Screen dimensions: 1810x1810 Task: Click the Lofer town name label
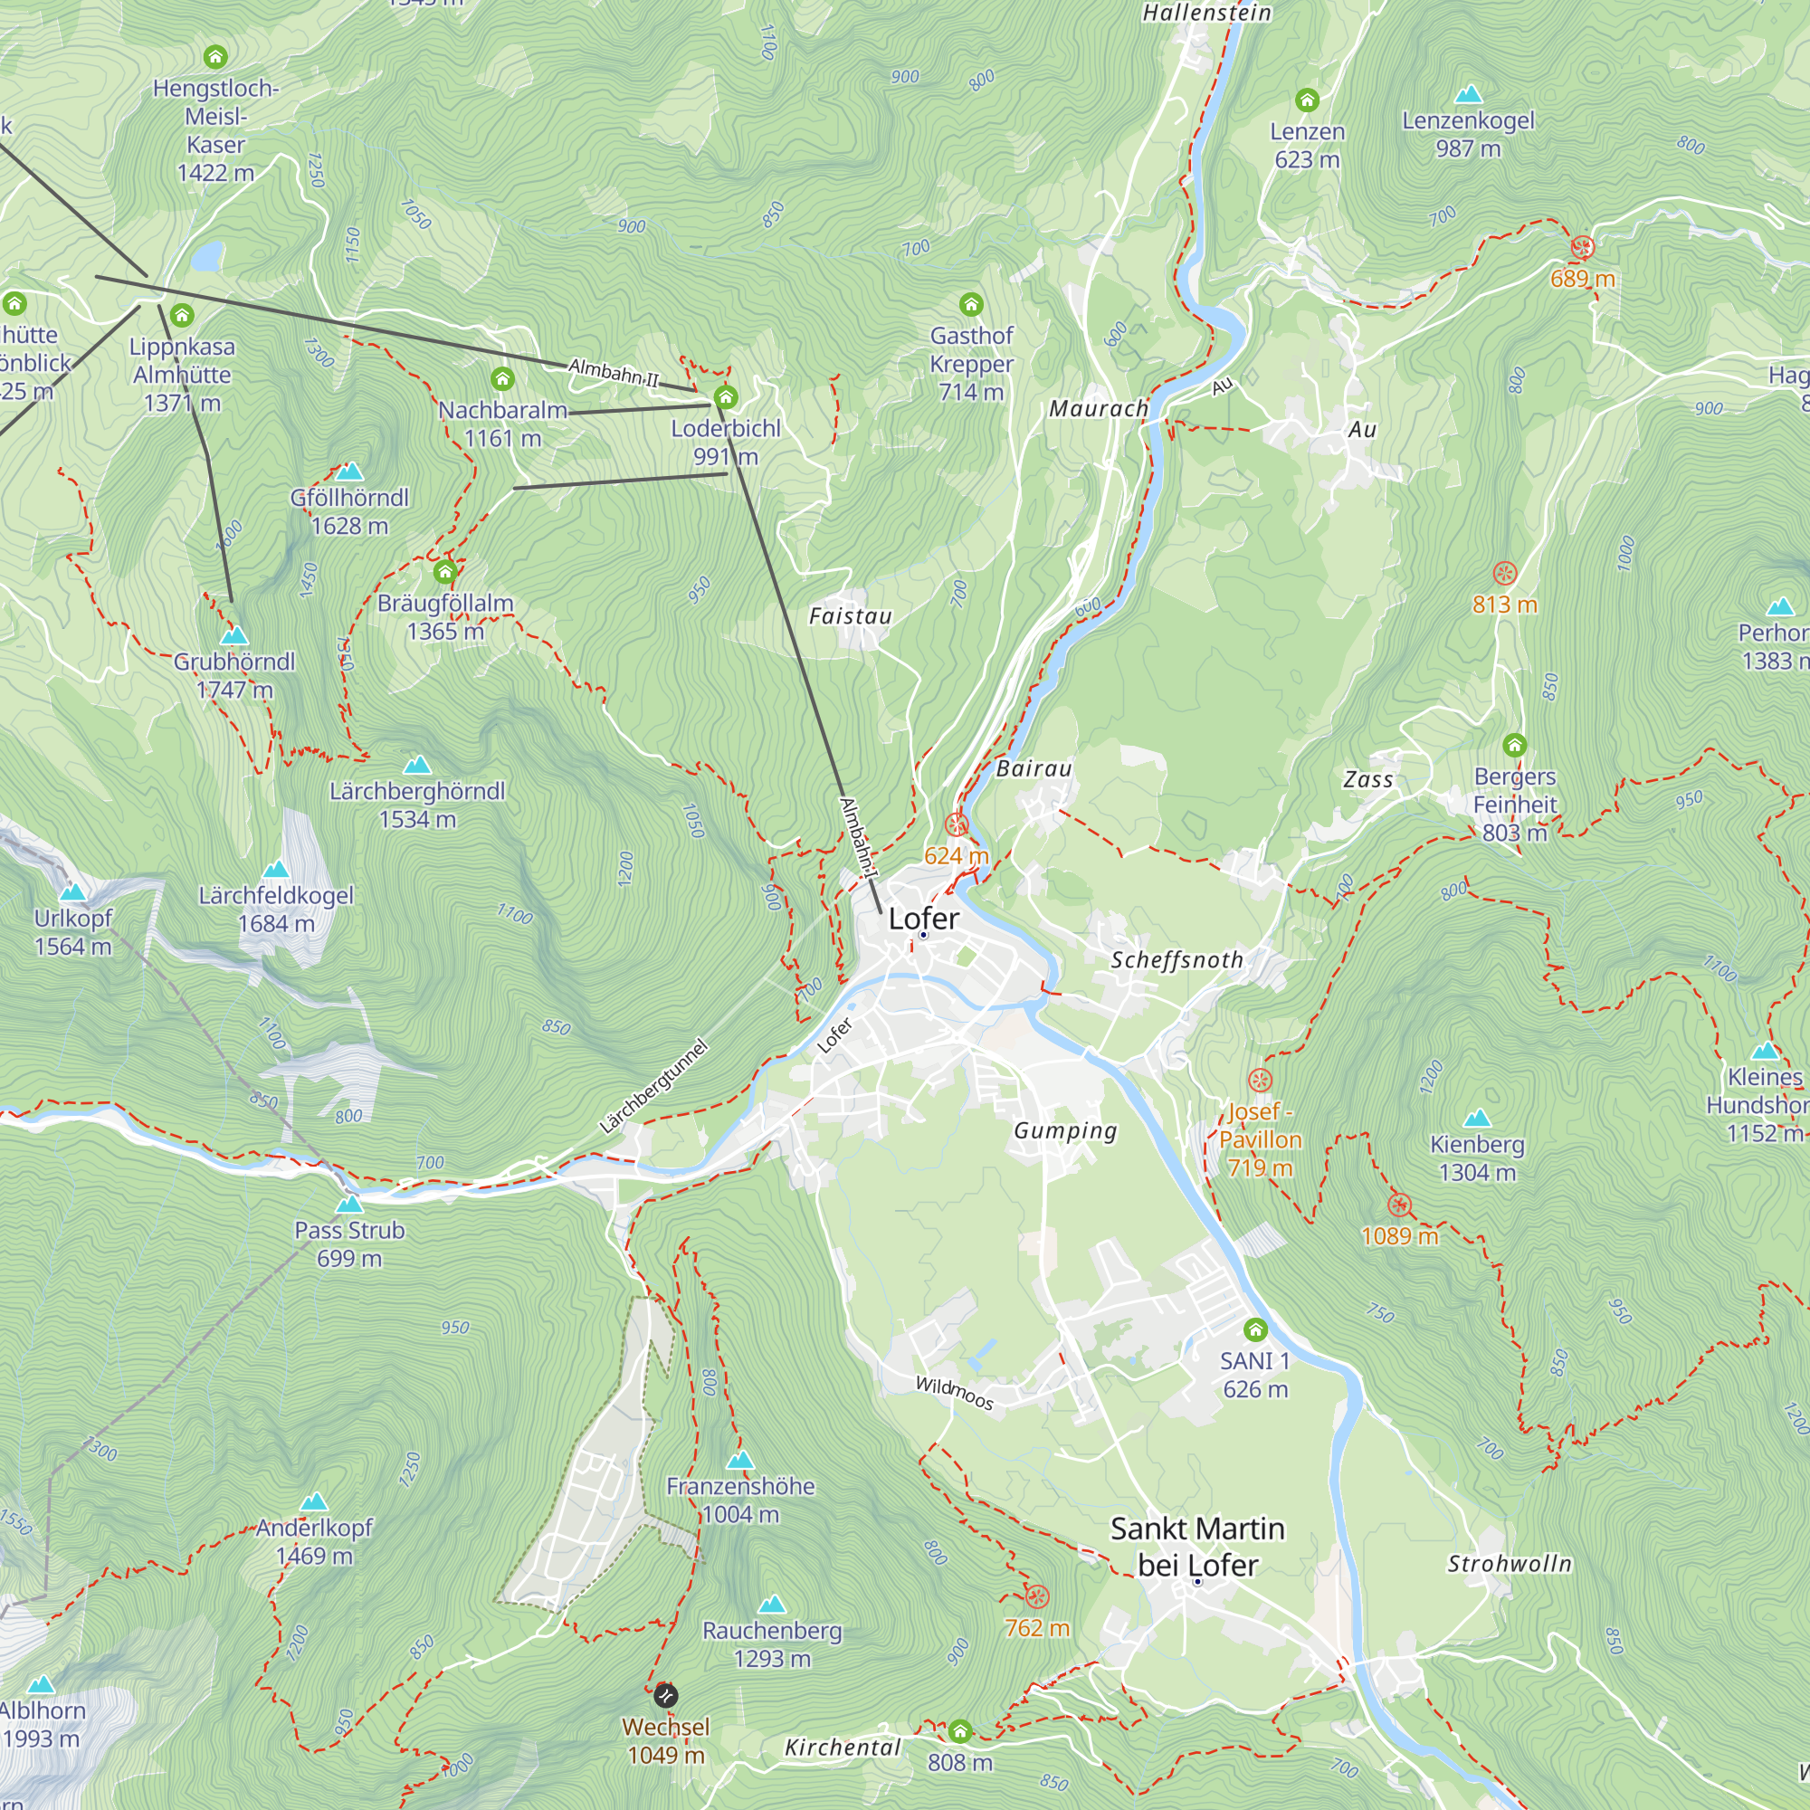click(x=924, y=919)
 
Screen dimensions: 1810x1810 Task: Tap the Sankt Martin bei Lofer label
click(x=1197, y=1547)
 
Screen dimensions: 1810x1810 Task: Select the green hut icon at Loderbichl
click(x=726, y=397)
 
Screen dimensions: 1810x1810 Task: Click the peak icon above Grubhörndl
click(x=233, y=636)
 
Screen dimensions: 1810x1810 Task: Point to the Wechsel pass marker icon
click(x=665, y=1696)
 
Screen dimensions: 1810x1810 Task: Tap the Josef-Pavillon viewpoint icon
click(x=1260, y=1081)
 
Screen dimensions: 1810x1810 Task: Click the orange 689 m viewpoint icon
click(x=1582, y=247)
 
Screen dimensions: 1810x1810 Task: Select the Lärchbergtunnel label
click(x=653, y=1087)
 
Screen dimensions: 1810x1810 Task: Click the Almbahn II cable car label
click(x=614, y=373)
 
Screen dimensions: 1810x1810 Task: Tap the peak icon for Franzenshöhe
click(x=740, y=1461)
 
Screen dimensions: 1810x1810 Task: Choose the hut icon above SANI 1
click(x=1255, y=1329)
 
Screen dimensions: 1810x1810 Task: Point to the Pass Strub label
click(x=349, y=1231)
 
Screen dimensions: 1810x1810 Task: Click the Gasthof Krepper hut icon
click(x=971, y=304)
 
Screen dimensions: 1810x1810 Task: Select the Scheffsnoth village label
click(x=1176, y=960)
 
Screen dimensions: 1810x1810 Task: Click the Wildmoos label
click(x=954, y=1392)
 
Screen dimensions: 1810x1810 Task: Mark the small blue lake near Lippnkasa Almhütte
click(x=207, y=255)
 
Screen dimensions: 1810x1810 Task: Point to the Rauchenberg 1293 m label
click(x=772, y=1644)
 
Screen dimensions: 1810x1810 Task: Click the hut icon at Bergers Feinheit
click(x=1515, y=746)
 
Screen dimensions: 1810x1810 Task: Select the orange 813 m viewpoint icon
click(x=1505, y=574)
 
